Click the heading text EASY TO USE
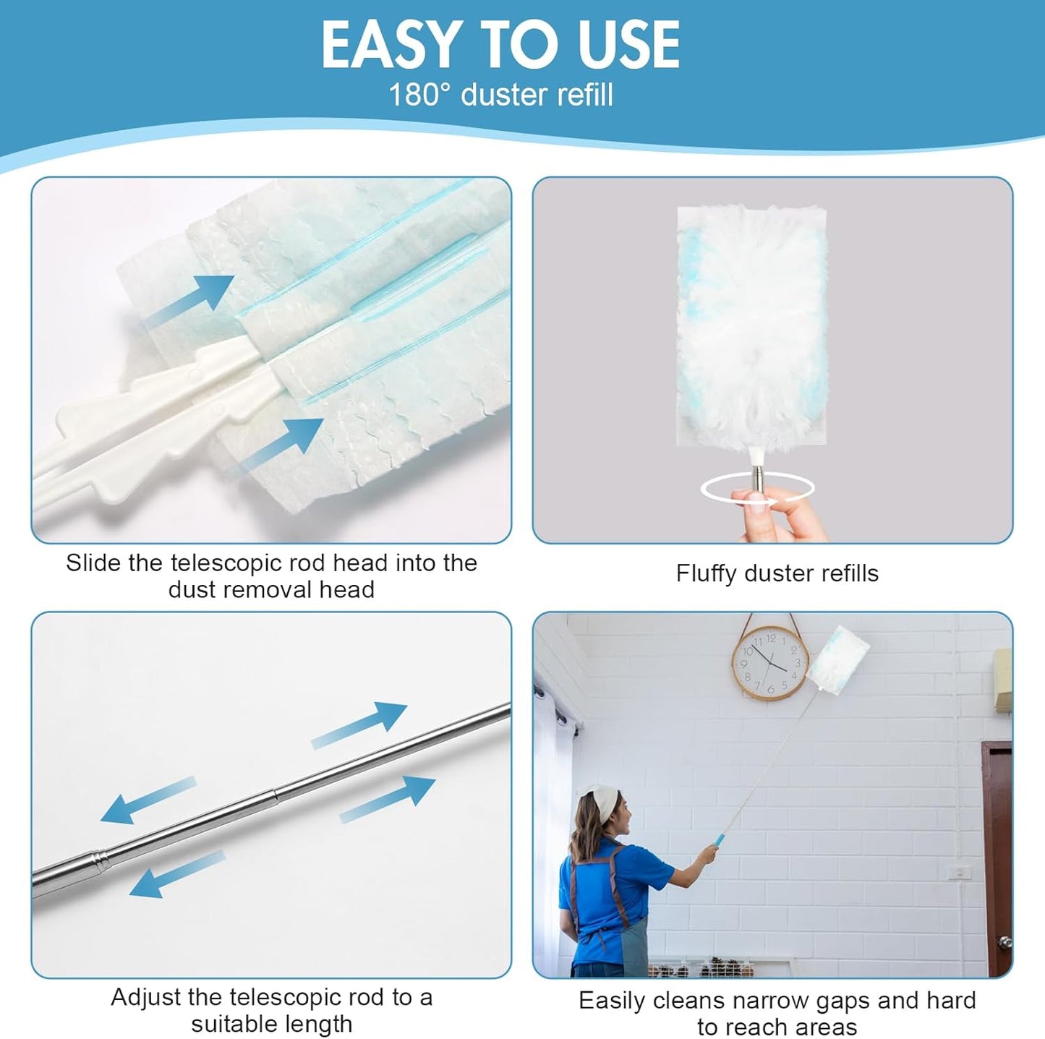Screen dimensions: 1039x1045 [x=500, y=45]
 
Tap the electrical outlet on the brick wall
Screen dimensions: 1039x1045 [x=959, y=872]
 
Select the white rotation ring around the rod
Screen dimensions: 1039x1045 [x=757, y=489]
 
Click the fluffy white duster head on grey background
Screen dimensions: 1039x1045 [x=752, y=325]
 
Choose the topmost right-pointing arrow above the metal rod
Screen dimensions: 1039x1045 [x=359, y=725]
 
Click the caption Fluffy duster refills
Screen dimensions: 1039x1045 [x=777, y=573]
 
